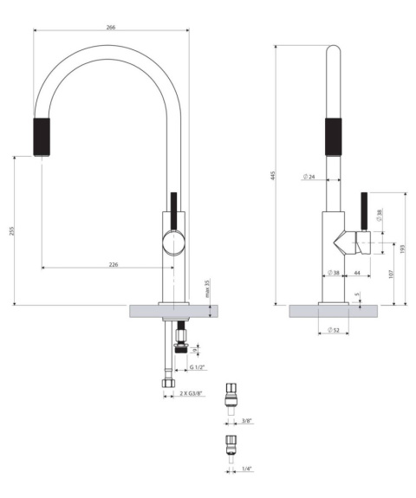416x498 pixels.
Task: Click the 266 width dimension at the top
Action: point(111,27)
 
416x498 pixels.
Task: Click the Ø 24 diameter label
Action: point(310,178)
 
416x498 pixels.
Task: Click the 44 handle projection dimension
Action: point(358,274)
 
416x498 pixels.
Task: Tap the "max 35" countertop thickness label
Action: point(207,289)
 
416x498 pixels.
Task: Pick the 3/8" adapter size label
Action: point(246,421)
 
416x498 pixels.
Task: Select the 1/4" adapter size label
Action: point(246,469)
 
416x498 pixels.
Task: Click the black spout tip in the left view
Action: point(42,134)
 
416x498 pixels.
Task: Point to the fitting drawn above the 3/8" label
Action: point(231,396)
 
